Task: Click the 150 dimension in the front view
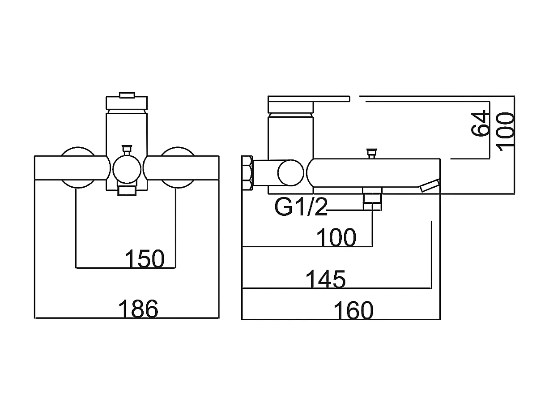click(x=144, y=258)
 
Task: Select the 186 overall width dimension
click(x=138, y=309)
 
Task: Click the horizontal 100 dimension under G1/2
click(x=336, y=237)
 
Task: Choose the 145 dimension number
click(x=325, y=279)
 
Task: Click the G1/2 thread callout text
click(x=301, y=207)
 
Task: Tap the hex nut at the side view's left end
click(x=247, y=173)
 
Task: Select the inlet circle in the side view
click(x=290, y=173)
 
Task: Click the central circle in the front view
click(x=127, y=169)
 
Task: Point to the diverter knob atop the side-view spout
click(x=370, y=154)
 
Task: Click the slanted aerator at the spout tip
click(x=430, y=185)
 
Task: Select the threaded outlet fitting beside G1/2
click(x=372, y=200)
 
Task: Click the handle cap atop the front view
click(x=127, y=101)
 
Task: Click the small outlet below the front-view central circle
click(x=127, y=191)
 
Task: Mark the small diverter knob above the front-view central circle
click(x=127, y=149)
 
